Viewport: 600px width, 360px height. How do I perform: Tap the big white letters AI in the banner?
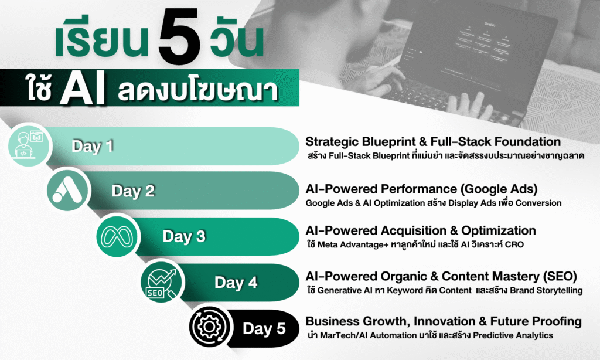(x=82, y=89)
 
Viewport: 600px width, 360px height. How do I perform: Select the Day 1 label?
(x=92, y=146)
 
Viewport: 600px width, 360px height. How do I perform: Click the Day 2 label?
(x=133, y=191)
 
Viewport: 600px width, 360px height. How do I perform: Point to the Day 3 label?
(x=184, y=236)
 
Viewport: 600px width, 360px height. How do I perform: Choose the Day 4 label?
(x=236, y=282)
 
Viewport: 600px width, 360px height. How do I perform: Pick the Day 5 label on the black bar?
(x=264, y=328)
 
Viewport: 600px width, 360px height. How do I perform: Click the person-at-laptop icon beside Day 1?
(x=29, y=145)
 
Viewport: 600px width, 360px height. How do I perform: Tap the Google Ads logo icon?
(x=68, y=191)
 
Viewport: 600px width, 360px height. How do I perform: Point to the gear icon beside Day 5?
(x=209, y=327)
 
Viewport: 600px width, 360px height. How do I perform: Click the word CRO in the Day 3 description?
(x=514, y=244)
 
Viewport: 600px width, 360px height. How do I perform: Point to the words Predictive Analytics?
(x=513, y=335)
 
